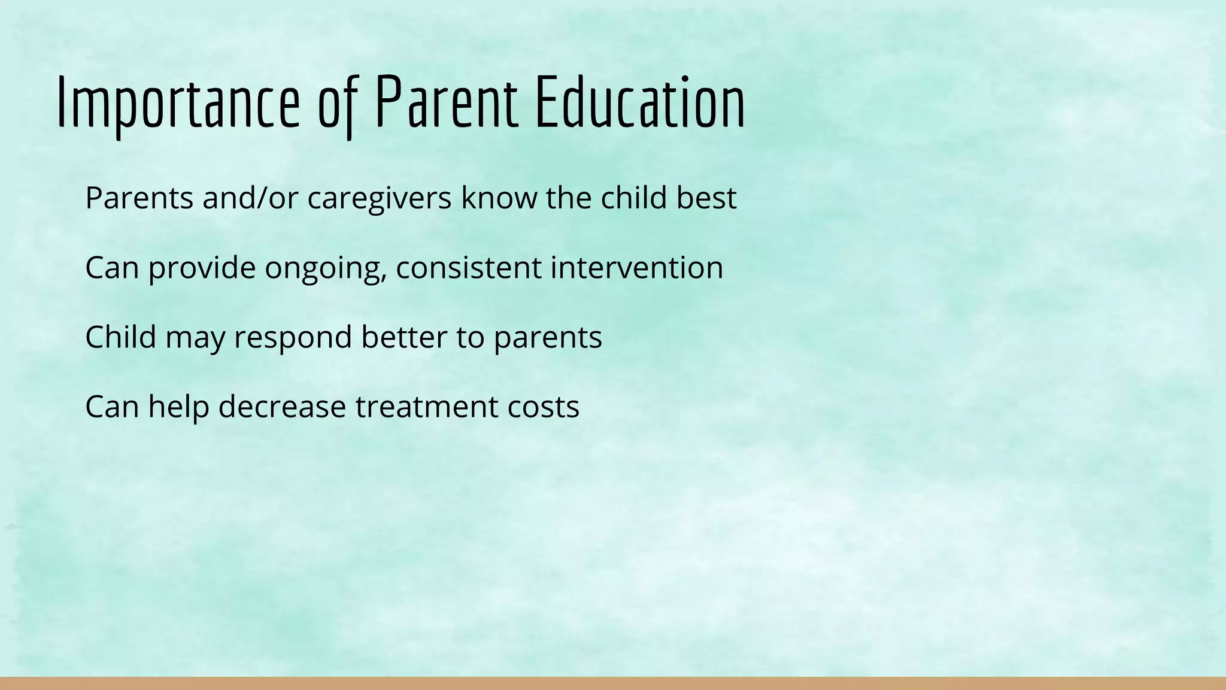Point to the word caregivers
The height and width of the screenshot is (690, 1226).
(x=380, y=199)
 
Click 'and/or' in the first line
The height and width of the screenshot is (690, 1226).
(x=250, y=199)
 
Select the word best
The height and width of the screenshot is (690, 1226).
(x=706, y=198)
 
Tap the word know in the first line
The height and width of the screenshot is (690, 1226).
(x=499, y=198)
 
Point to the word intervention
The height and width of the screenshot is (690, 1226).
(x=637, y=267)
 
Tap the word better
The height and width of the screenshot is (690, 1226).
(x=404, y=337)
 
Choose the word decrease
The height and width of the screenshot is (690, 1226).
(x=282, y=406)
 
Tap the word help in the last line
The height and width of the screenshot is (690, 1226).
(x=178, y=407)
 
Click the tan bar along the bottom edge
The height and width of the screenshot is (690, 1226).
(x=613, y=683)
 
